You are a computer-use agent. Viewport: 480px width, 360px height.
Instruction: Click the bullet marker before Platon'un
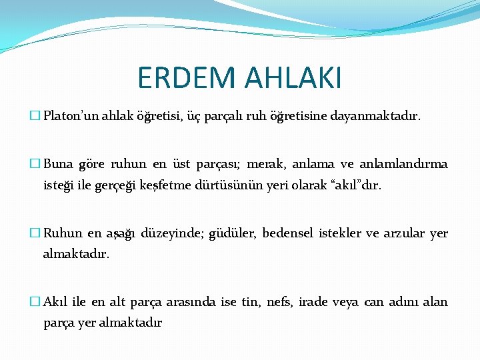tap(35, 117)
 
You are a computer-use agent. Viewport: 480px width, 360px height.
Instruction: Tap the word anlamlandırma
tap(404, 164)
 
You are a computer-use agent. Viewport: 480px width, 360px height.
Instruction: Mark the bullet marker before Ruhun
tap(35, 233)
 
